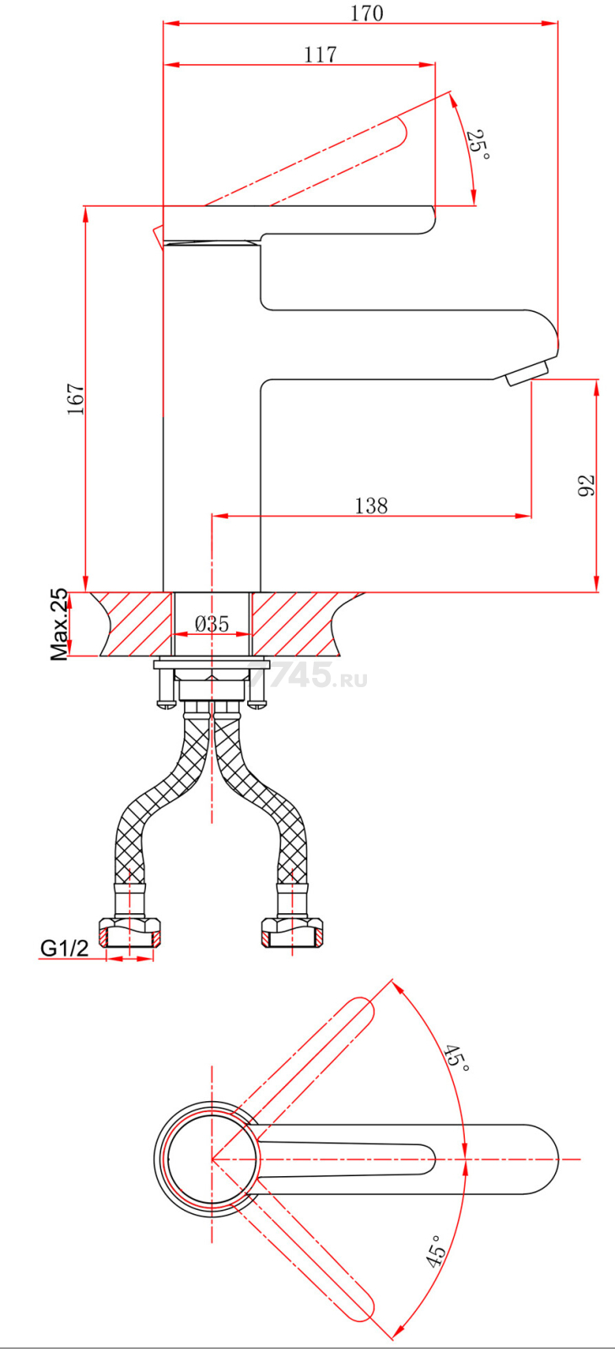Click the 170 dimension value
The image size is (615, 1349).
pyautogui.click(x=367, y=13)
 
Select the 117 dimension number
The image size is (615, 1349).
pyautogui.click(x=320, y=55)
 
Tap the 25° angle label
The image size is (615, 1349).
pyautogui.click(x=478, y=144)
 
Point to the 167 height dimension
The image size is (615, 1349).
pyautogui.click(x=75, y=399)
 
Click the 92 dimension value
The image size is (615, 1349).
pyautogui.click(x=586, y=486)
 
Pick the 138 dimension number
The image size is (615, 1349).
pyautogui.click(x=371, y=505)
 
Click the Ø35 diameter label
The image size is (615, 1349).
pyautogui.click(x=212, y=623)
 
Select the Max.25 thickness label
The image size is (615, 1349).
pyautogui.click(x=60, y=625)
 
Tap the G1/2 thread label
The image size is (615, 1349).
pyautogui.click(x=64, y=949)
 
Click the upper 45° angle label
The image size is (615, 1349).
pyautogui.click(x=456, y=1059)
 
